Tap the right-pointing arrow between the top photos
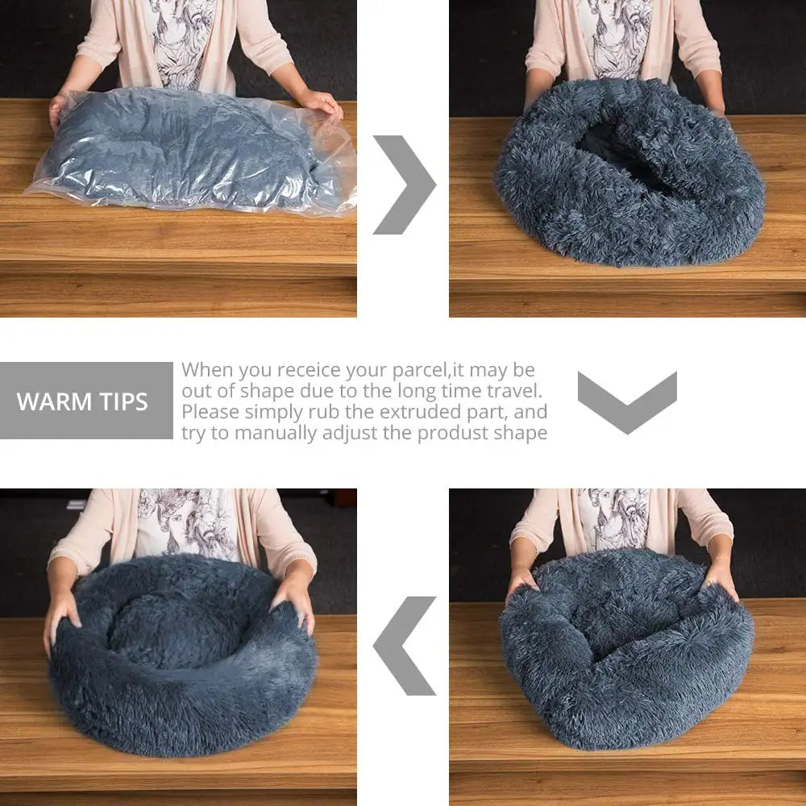(x=403, y=185)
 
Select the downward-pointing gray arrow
(x=626, y=401)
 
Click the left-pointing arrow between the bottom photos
(x=405, y=646)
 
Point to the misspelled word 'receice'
(x=310, y=371)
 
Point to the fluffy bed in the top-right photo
(x=629, y=193)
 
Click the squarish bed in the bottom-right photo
(x=626, y=645)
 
